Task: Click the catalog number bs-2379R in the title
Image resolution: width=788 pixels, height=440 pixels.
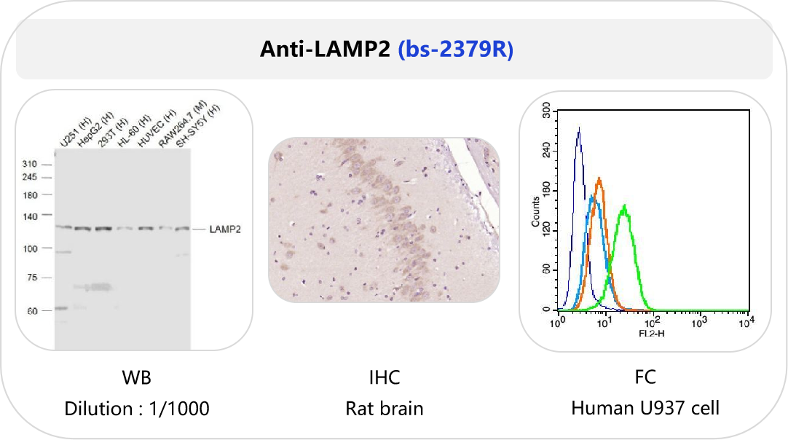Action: coord(456,50)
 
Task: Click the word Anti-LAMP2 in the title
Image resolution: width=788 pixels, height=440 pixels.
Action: coord(327,50)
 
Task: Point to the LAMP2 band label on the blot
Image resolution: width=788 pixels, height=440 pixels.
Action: coord(225,229)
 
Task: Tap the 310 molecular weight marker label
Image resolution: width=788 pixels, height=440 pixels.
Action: coord(29,164)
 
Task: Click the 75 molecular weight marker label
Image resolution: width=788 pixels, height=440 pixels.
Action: coord(31,278)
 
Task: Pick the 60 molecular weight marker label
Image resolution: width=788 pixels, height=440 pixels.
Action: coord(31,310)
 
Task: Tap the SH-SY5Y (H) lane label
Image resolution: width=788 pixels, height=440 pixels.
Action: coord(200,125)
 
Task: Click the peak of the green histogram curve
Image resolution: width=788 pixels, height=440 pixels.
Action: coord(624,207)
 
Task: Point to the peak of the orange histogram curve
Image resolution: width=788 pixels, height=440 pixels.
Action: coord(599,178)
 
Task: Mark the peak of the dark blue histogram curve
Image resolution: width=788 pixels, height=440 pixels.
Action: coord(578,129)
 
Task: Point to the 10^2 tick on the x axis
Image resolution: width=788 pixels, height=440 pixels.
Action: coord(652,321)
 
